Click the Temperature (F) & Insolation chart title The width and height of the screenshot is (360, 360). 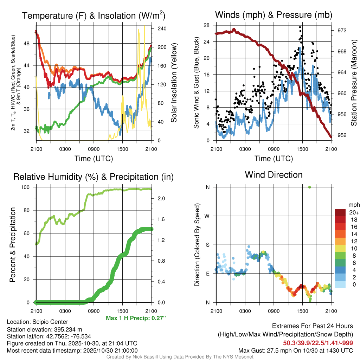[94, 15]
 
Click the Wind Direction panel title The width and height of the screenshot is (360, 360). [274, 174]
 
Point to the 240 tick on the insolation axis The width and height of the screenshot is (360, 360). [161, 28]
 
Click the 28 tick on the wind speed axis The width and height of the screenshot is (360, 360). [207, 25]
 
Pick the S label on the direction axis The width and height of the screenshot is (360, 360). [207, 245]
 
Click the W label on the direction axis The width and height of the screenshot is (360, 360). [207, 216]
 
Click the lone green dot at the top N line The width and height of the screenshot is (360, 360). [309, 187]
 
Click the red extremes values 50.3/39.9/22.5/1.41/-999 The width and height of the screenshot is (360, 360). [318, 343]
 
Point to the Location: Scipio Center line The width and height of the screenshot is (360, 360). [37, 322]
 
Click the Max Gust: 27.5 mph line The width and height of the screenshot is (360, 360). [295, 350]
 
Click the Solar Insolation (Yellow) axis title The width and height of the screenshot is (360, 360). [174, 83]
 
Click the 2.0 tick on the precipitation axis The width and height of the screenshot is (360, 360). [161, 199]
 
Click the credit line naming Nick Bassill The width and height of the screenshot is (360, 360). [180, 356]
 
